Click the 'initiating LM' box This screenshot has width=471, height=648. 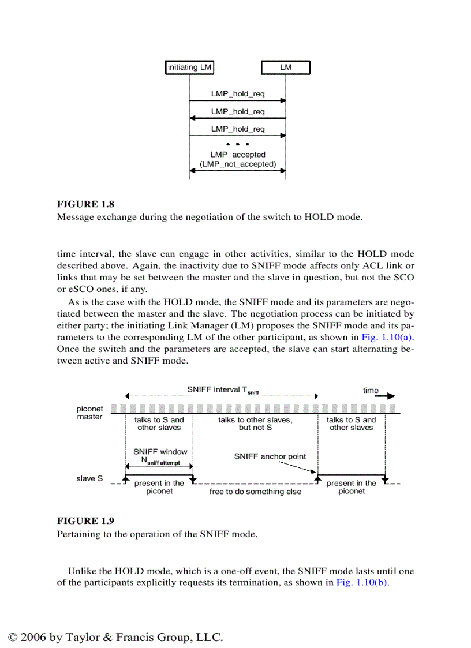[x=189, y=68]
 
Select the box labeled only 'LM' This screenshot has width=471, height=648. [x=286, y=68]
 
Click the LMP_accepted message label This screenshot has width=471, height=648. [x=238, y=155]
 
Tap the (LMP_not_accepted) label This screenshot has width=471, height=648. [x=238, y=164]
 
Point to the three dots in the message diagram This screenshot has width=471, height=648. [x=238, y=143]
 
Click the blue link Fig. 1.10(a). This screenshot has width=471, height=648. [x=388, y=338]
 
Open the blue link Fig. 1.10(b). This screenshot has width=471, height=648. [x=362, y=582]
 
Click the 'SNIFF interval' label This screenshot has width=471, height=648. [x=222, y=390]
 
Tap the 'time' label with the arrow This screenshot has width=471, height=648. [x=371, y=391]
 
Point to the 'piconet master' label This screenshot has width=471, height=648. [x=89, y=413]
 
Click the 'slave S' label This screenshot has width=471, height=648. [x=89, y=478]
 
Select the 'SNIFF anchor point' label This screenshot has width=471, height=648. [x=270, y=456]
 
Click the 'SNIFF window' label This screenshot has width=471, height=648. [x=160, y=452]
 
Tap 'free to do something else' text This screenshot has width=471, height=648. [x=255, y=492]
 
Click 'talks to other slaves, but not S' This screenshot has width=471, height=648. [x=255, y=424]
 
